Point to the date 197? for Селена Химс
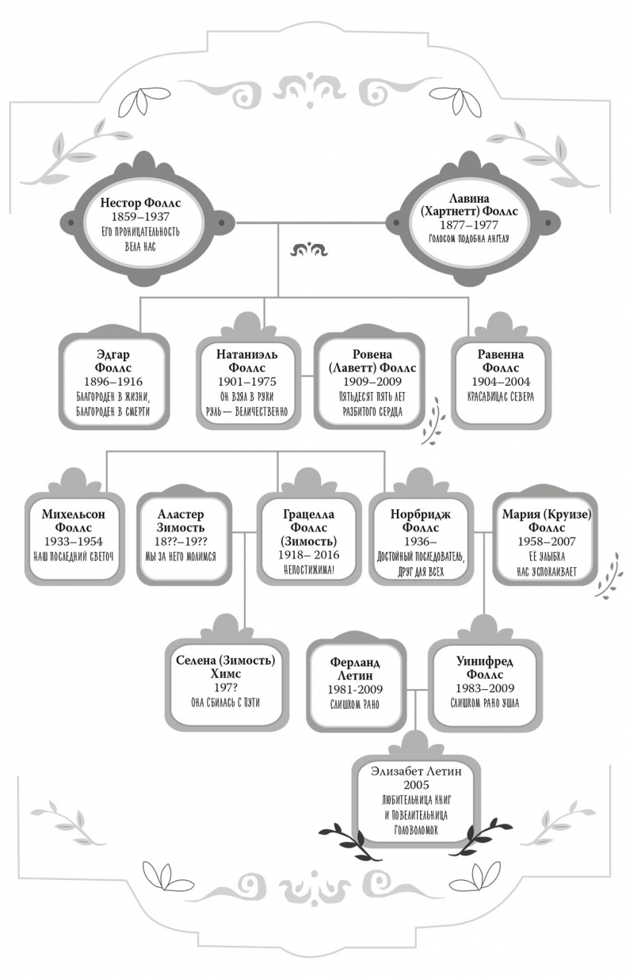(223, 688)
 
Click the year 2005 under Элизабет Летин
(416, 783)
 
